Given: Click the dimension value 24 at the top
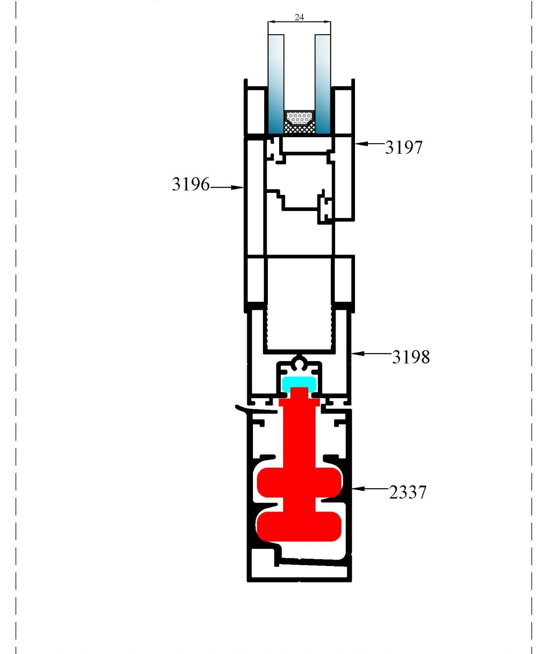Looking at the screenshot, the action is [x=299, y=17].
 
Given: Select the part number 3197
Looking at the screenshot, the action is [x=404, y=147].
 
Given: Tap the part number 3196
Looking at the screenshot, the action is [x=191, y=184].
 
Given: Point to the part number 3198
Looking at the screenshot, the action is [x=411, y=357].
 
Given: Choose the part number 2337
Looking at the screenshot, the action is [x=407, y=492].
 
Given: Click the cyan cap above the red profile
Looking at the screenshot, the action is [x=299, y=383].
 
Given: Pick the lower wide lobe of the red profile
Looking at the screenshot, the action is [x=299, y=526].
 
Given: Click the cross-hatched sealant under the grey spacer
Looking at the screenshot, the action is [x=299, y=128].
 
